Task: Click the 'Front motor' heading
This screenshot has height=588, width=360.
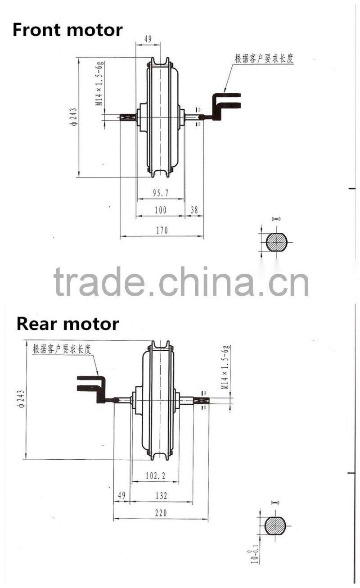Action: click(67, 30)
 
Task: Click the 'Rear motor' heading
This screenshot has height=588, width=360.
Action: click(68, 324)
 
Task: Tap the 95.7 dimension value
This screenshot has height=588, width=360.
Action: click(160, 193)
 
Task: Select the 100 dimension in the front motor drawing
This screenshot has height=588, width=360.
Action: click(160, 210)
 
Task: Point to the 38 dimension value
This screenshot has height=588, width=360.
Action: click(194, 210)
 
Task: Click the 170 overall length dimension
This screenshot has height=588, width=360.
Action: click(162, 231)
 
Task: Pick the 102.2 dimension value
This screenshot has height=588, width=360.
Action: click(156, 475)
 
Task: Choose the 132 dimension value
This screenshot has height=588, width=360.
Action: click(161, 496)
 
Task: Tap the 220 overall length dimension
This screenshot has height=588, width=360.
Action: click(161, 513)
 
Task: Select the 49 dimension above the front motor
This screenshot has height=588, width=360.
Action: click(148, 39)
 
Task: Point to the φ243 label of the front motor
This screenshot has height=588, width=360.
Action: click(73, 117)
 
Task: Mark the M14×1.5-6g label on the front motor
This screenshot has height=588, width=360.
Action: click(100, 84)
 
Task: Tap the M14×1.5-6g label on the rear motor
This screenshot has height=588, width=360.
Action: click(226, 367)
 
